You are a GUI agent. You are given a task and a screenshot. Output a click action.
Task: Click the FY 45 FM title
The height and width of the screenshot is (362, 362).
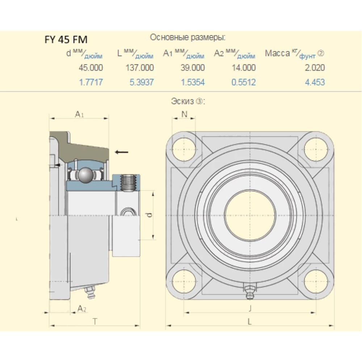click(66, 39)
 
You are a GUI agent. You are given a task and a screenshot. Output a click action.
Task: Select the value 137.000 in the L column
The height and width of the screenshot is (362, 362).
click(140, 68)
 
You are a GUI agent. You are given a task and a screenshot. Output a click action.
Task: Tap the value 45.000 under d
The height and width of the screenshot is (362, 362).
click(91, 68)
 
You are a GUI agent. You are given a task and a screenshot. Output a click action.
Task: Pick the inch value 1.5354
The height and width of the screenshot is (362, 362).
click(193, 83)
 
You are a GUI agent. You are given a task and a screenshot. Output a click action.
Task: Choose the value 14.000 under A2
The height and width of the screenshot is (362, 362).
click(244, 68)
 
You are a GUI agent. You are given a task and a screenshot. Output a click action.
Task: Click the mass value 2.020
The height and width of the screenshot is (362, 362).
click(315, 68)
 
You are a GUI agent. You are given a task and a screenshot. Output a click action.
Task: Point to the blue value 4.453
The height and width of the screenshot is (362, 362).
click(315, 83)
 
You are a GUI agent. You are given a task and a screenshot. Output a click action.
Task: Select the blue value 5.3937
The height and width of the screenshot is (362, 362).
click(142, 83)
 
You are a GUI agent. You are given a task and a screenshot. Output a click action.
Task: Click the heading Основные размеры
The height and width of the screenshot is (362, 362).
click(188, 37)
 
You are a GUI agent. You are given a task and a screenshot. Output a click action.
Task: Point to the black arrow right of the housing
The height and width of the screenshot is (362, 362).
click(122, 152)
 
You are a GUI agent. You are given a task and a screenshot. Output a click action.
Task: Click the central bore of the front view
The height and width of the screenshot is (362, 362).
click(250, 215)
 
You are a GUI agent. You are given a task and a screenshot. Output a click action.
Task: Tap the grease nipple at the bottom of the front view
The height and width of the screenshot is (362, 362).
click(249, 292)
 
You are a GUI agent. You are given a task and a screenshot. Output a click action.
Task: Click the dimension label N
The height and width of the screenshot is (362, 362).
click(184, 114)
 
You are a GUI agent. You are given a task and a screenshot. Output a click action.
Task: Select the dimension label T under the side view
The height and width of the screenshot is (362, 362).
click(95, 321)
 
